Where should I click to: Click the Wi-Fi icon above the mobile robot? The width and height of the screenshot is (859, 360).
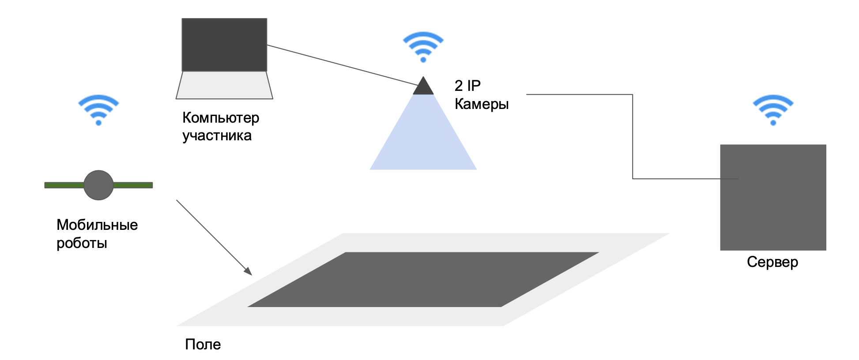pyautogui.click(x=98, y=110)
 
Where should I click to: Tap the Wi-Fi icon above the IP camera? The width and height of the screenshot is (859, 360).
pyautogui.click(x=423, y=47)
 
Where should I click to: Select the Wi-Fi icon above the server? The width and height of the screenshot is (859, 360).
pyautogui.click(x=772, y=110)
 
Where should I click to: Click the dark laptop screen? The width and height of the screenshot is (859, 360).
pyautogui.click(x=224, y=45)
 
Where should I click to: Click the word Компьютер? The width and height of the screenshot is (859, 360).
pyautogui.click(x=221, y=118)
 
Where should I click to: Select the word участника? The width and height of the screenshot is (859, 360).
pyautogui.click(x=217, y=135)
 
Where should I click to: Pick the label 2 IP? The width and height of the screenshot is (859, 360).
pyautogui.click(x=467, y=86)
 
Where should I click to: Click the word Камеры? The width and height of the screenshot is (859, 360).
pyautogui.click(x=482, y=104)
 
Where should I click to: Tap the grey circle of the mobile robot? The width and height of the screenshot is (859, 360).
pyautogui.click(x=98, y=185)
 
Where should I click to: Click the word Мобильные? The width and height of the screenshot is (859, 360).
pyautogui.click(x=97, y=225)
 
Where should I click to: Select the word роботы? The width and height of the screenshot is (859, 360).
pyautogui.click(x=82, y=243)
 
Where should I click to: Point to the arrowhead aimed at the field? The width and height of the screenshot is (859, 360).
pyautogui.click(x=248, y=271)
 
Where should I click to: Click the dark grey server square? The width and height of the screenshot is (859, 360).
pyautogui.click(x=772, y=207)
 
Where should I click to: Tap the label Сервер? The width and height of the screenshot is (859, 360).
pyautogui.click(x=772, y=262)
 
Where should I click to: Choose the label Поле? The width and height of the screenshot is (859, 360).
pyautogui.click(x=203, y=344)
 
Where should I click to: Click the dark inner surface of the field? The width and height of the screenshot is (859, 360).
pyautogui.click(x=423, y=279)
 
